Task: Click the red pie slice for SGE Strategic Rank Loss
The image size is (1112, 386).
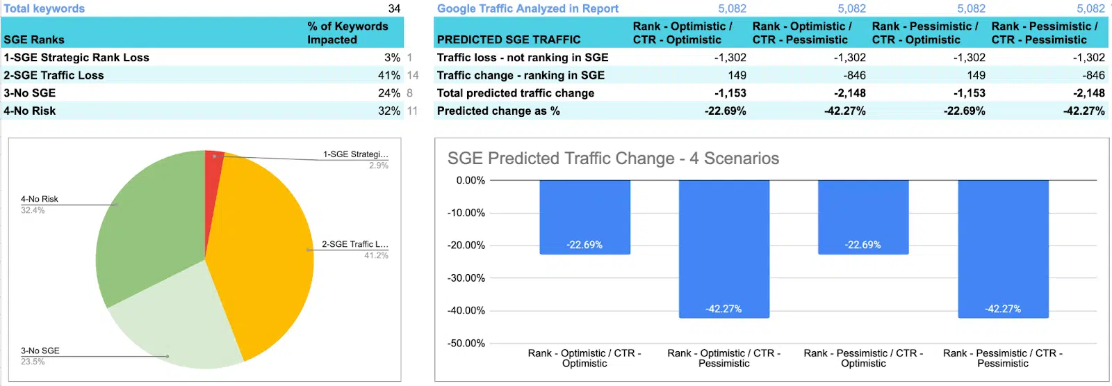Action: [x=214, y=161]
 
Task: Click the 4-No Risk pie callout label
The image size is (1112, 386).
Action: [x=40, y=200]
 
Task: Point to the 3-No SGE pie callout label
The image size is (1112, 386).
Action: [x=40, y=351]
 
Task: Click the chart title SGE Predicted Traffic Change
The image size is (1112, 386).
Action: [x=613, y=159]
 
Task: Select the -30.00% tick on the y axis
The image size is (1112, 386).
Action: [x=466, y=278]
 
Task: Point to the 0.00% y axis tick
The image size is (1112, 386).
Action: [x=471, y=181]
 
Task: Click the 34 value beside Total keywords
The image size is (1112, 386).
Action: [x=394, y=8]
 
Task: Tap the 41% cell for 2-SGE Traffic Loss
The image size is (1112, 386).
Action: [x=389, y=75]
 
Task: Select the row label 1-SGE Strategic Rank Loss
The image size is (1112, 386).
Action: [x=76, y=58]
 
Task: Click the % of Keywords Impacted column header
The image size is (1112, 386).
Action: [x=347, y=33]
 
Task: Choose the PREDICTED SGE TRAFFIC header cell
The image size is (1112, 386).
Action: [x=509, y=40]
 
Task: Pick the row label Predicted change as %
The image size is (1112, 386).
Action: [x=498, y=111]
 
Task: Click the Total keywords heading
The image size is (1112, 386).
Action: [x=44, y=8]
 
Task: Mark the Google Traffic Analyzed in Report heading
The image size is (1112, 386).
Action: [x=528, y=8]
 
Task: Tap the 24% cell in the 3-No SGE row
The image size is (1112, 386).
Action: [x=389, y=93]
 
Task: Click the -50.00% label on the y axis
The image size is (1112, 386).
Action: [x=466, y=344]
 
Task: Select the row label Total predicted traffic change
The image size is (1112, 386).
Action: [x=516, y=93]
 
